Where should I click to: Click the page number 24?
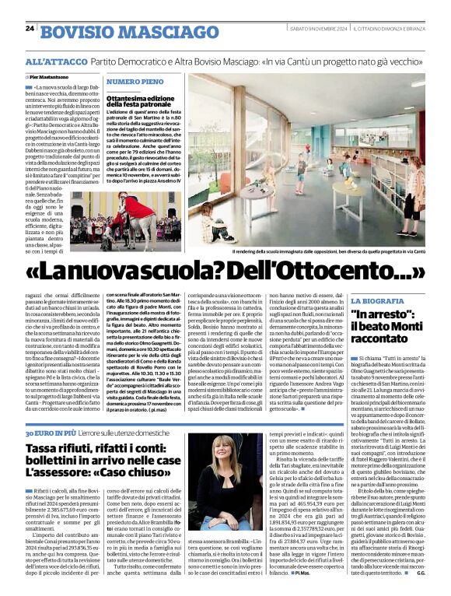[30, 28]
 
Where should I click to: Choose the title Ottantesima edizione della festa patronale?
[142, 105]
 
